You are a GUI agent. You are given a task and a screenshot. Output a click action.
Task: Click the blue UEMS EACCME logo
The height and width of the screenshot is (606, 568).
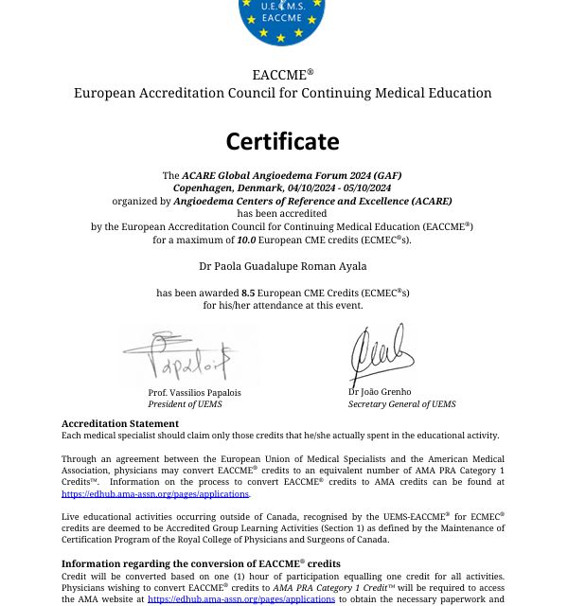282,20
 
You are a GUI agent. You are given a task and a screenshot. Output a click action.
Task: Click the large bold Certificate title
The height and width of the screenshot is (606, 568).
282,141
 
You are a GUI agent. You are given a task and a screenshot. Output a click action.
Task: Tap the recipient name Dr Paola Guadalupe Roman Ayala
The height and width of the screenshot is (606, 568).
282,266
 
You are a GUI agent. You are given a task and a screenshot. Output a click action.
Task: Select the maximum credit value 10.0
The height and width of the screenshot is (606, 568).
247,240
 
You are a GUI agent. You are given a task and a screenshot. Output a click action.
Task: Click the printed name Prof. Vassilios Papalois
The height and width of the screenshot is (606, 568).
194,392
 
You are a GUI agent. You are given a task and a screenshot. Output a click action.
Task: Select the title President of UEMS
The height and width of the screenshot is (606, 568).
184,404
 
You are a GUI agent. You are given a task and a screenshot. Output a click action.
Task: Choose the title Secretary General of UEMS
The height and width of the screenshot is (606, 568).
401,404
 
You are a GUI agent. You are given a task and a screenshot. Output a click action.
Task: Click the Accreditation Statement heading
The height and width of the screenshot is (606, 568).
119,423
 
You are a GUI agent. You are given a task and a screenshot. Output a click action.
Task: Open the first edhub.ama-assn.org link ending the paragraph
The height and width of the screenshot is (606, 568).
154,493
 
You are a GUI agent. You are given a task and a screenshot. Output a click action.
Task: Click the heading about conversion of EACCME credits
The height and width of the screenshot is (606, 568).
201,563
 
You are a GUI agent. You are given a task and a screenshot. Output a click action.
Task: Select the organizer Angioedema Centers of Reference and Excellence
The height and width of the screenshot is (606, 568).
312,201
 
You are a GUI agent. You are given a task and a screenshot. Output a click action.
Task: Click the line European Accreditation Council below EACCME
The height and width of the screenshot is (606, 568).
282,93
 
